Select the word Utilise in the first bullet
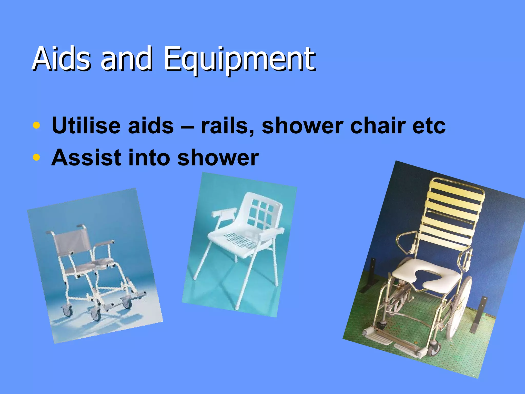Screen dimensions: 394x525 pos(86,125)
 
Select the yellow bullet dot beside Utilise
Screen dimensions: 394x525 pos(37,125)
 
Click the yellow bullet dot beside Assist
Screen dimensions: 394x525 pos(37,157)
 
